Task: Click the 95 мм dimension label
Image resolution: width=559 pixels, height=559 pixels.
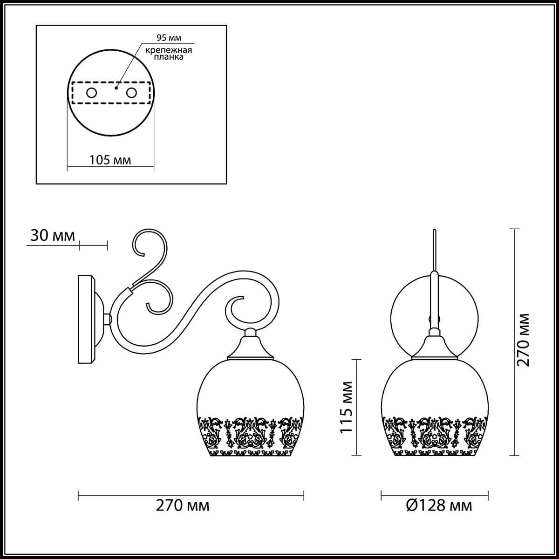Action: coord(163,37)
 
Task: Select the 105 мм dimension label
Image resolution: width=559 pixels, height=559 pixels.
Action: coord(110,160)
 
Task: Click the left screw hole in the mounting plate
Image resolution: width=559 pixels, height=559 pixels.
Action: coord(91,93)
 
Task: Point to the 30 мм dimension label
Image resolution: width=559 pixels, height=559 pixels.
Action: coord(52,236)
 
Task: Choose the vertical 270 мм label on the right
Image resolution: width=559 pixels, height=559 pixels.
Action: coord(524,340)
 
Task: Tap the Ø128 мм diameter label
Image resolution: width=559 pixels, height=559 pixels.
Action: coord(439,505)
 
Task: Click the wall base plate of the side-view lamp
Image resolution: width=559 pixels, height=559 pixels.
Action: coord(87,319)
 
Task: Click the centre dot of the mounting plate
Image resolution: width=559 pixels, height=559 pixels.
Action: coord(117,87)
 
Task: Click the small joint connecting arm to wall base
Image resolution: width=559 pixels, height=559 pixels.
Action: coord(108,319)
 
